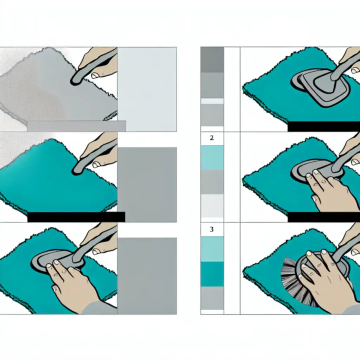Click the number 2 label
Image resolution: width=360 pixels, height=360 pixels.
tap(212, 138)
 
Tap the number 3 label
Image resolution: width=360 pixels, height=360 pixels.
tap(212, 229)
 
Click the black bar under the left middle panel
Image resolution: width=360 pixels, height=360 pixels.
tap(76, 217)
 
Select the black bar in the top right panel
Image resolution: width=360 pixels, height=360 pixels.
tap(324, 127)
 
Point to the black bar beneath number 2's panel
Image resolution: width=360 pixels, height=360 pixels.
tap(324, 217)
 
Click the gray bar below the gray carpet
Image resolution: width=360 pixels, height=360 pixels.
tap(77, 126)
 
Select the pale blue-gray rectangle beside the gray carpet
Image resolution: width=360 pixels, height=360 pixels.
tap(147, 89)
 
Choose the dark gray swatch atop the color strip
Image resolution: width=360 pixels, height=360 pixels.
tap(212, 60)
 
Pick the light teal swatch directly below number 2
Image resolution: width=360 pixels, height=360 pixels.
tap(212, 157)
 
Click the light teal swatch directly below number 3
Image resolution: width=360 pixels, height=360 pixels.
tap(212, 249)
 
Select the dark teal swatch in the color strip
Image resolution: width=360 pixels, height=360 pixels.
tap(212, 274)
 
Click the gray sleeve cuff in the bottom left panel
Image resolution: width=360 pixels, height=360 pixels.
tap(99, 308)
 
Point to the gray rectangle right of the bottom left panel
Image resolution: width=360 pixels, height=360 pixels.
tap(147, 276)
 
